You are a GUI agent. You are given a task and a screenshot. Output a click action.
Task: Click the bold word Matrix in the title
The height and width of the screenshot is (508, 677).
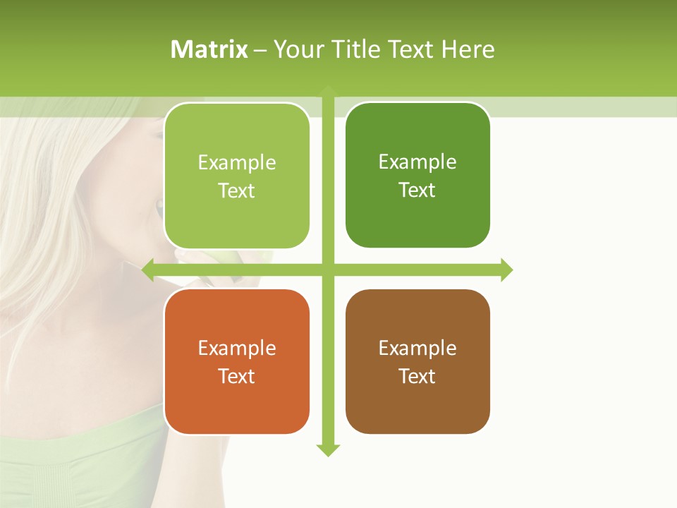point(209,49)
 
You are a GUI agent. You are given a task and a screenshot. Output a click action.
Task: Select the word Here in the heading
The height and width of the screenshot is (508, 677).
point(468,49)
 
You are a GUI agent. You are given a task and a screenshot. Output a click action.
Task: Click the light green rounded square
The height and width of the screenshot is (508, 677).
point(237,176)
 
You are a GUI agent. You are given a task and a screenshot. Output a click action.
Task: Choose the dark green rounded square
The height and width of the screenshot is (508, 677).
point(417,175)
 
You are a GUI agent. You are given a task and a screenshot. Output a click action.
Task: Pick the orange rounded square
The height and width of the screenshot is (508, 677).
point(237,361)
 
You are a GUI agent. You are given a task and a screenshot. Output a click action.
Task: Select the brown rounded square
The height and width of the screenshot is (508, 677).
point(417,361)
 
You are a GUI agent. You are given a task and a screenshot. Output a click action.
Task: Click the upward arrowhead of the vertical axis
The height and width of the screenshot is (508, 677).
point(328,91)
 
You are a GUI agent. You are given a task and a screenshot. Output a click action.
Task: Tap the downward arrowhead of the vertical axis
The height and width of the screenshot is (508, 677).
point(328,449)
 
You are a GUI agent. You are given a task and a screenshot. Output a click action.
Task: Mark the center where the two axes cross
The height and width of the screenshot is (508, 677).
point(328,270)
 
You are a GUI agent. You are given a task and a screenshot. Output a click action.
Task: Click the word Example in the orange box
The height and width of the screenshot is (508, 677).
point(237,348)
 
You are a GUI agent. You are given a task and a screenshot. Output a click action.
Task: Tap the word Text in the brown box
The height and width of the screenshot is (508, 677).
point(417,376)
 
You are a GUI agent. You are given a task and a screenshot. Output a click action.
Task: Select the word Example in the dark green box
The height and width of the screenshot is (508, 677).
point(417,162)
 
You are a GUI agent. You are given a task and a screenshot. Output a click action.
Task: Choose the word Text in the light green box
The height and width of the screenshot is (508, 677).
point(237,191)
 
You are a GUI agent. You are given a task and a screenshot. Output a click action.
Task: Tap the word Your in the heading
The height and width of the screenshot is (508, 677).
point(298,49)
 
